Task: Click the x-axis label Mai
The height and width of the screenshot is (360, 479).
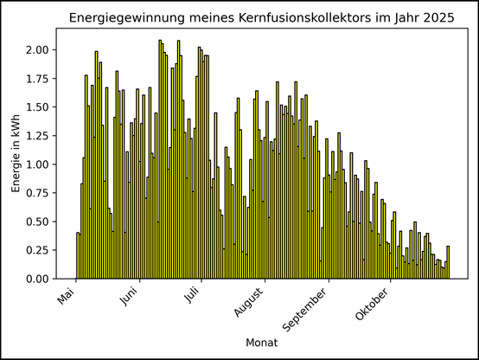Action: (67, 296)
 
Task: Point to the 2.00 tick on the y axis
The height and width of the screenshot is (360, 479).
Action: (37, 49)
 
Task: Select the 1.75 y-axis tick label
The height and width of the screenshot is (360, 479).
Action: (37, 79)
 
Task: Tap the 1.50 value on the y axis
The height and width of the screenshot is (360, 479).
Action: (37, 107)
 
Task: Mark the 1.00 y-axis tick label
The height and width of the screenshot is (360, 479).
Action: (37, 164)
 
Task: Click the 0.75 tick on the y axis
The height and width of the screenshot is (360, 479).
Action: (37, 193)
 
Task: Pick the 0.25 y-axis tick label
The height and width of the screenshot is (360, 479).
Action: (37, 250)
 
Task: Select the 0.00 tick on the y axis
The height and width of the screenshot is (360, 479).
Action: (37, 279)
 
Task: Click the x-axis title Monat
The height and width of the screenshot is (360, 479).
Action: (261, 344)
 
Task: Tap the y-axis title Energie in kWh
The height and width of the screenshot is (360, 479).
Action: (16, 153)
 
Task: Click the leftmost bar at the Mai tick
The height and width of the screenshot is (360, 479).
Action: (77, 255)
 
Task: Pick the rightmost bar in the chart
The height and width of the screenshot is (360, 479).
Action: (448, 262)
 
